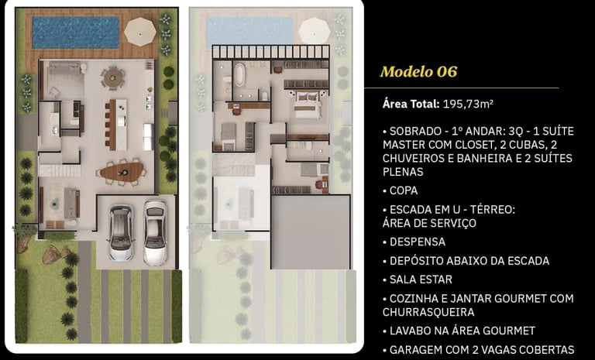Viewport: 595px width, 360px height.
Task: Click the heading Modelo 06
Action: (x=418, y=72)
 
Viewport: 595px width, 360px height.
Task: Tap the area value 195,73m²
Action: (x=468, y=104)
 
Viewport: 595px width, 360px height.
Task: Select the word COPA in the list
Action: (x=404, y=190)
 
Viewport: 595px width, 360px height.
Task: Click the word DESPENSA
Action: (x=418, y=242)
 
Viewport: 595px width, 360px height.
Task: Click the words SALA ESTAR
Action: (x=421, y=279)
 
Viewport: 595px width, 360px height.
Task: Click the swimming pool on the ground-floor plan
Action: (x=76, y=33)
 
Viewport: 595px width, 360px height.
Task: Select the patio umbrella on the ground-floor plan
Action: (x=140, y=32)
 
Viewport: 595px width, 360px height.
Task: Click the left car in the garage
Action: (x=121, y=232)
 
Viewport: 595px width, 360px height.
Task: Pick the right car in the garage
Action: (x=155, y=232)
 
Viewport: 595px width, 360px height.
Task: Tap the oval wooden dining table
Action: (x=122, y=172)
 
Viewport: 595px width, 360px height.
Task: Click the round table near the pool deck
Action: (x=112, y=77)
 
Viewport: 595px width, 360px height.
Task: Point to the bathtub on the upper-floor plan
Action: (x=240, y=74)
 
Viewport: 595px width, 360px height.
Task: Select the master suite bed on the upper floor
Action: (x=307, y=105)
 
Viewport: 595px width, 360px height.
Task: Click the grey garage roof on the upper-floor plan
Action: (x=311, y=232)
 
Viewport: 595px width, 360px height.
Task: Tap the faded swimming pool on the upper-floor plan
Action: (x=250, y=31)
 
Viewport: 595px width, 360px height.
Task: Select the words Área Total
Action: (x=411, y=104)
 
